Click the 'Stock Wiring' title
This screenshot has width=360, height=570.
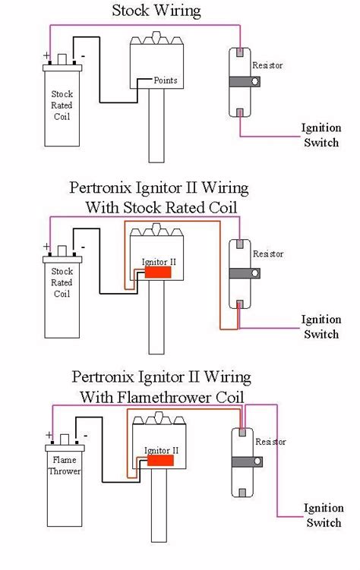[156, 11]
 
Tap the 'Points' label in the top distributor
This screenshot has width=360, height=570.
[166, 80]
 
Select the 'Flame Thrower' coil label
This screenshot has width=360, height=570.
[65, 465]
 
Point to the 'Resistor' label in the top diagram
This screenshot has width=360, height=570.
[268, 66]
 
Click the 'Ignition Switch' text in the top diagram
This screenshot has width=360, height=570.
[321, 135]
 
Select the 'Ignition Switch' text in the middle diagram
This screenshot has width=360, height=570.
[321, 326]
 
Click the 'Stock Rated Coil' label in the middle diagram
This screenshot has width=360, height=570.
[62, 282]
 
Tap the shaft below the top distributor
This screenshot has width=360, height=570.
[156, 133]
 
